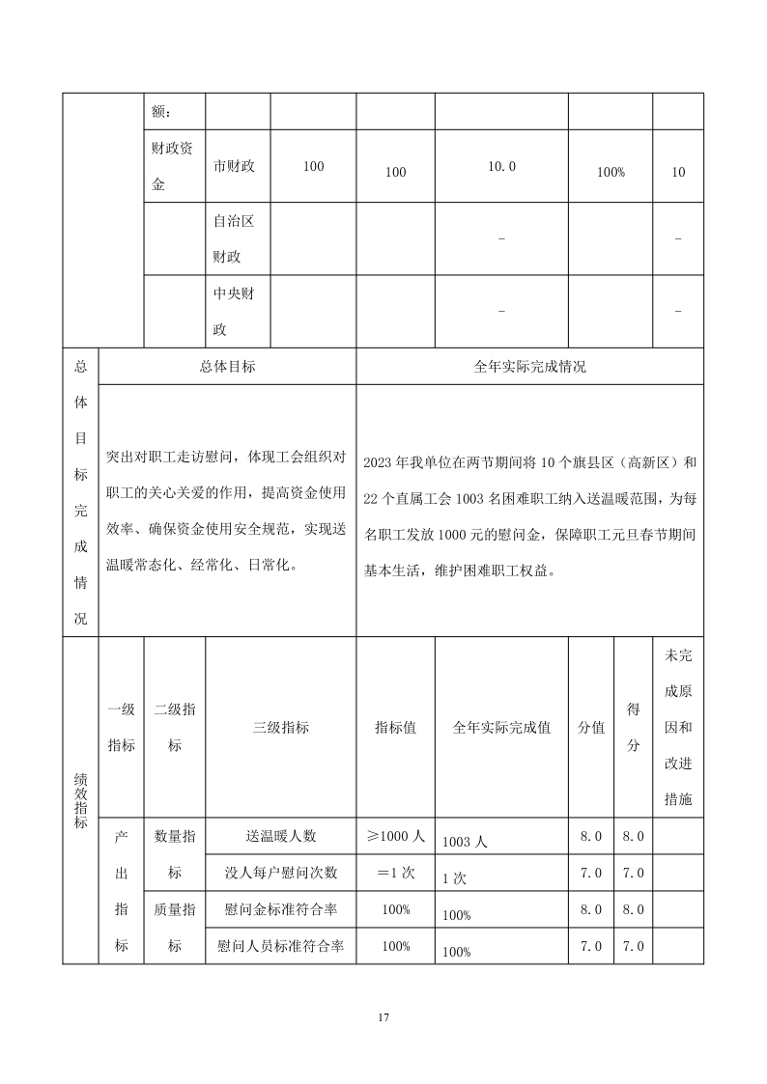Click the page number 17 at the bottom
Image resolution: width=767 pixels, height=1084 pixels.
pos(383,1017)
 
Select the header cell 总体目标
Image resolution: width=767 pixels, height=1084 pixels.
pos(228,367)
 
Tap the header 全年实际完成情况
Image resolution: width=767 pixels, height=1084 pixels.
pos(529,367)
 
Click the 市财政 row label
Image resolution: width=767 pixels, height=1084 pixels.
pos(234,166)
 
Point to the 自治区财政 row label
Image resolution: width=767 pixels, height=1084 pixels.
pos(234,238)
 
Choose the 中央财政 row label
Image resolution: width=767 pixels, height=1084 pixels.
pos(234,311)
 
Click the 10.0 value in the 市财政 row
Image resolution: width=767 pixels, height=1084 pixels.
pos(501,166)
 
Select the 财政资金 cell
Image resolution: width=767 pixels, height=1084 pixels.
pos(174,166)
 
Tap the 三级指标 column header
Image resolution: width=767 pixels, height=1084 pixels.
pos(280,728)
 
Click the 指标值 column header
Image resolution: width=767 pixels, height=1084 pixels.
pos(395,728)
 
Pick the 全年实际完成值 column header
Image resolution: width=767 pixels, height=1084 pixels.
pos(501,728)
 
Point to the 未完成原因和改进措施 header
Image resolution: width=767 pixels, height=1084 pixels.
pos(677,728)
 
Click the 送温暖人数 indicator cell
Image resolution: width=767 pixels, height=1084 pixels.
pos(280,836)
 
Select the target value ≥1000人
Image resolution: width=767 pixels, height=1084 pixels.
pos(395,836)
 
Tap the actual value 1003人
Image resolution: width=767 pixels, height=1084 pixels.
pos(465,842)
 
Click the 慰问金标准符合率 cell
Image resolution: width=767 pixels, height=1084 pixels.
pos(280,909)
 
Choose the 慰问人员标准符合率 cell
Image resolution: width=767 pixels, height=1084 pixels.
pos(280,946)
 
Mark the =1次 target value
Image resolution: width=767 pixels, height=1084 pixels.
pos(395,873)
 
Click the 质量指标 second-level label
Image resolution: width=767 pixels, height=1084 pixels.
pos(174,927)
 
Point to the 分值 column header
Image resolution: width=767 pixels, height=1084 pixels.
pos(591,728)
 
